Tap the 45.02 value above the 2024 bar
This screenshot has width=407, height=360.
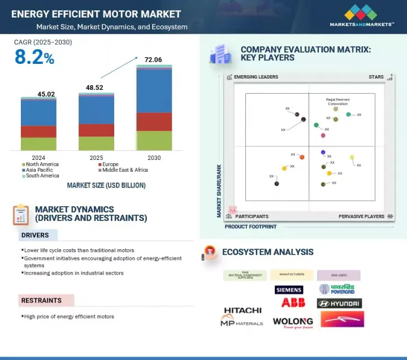coord(38,94)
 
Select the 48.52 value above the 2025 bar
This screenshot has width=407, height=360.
coord(96,89)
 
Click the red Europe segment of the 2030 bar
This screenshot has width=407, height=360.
coord(154,122)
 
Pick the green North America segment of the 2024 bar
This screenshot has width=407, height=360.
coord(38,144)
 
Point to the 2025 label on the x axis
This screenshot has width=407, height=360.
coord(96,158)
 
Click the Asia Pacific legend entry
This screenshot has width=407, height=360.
coord(40,170)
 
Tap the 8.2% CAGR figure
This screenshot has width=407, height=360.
coord(34,58)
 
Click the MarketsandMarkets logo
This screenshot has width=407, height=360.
coord(362,15)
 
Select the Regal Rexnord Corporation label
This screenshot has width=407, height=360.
coord(337,102)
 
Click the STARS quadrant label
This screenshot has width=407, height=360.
coord(376,77)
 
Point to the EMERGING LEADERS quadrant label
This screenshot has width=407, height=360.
coord(253,77)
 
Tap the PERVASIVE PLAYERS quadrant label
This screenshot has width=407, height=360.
coord(361,216)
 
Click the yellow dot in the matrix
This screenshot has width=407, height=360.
coord(352,158)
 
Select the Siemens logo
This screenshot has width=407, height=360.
coord(289,290)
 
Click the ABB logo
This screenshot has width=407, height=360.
coord(293,303)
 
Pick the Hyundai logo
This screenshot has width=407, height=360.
coord(339,303)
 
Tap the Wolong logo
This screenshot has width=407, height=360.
coord(292,323)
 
